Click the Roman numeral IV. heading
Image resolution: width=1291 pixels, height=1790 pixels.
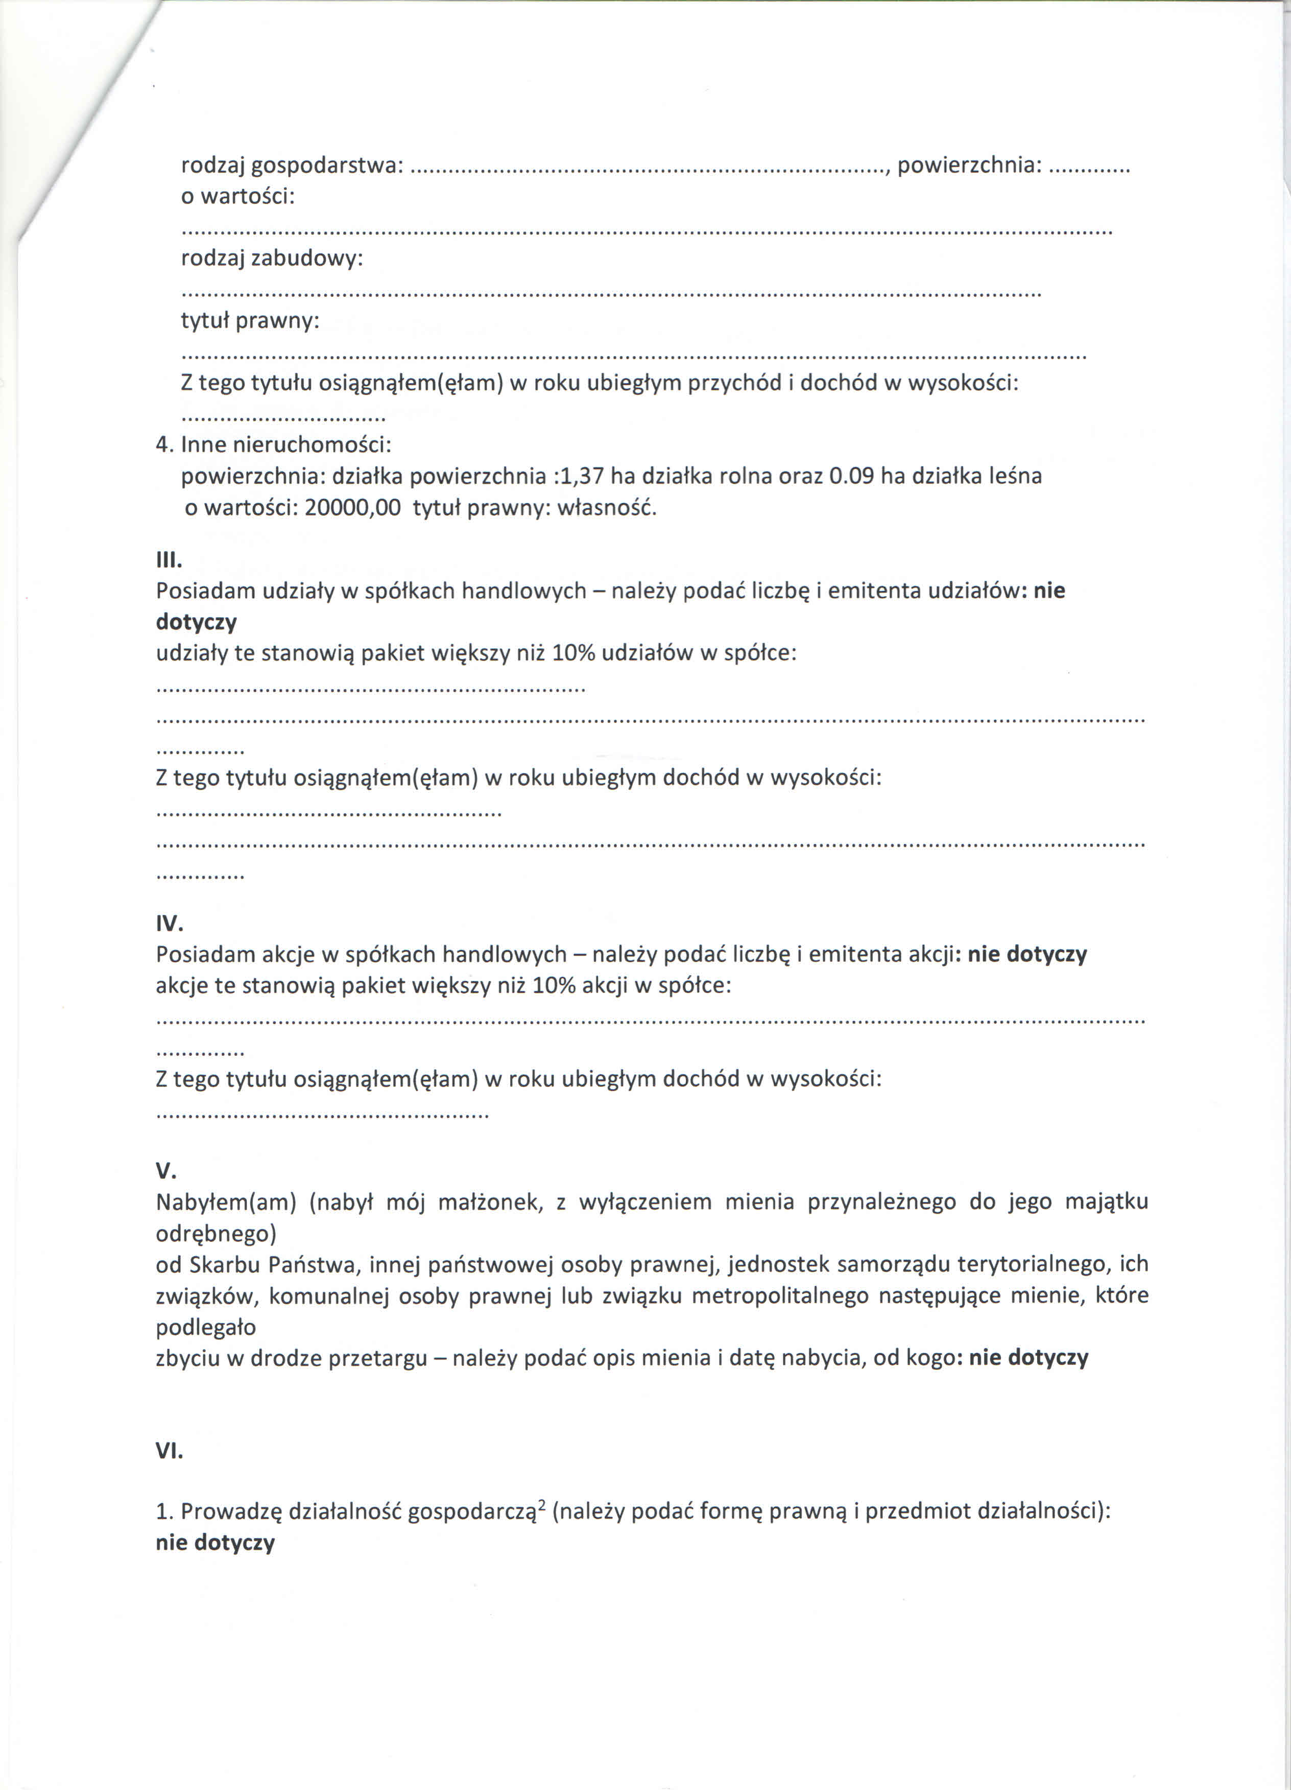click(x=170, y=924)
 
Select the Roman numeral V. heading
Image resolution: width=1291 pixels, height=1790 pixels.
click(x=165, y=1170)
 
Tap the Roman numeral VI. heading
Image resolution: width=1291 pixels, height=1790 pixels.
click(x=170, y=1451)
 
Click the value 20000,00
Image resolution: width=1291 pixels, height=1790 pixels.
click(x=352, y=507)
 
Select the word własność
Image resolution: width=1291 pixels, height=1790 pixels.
click(x=607, y=507)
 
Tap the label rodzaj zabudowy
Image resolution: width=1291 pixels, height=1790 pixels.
click(x=272, y=259)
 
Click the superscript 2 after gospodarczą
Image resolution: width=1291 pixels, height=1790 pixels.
click(x=542, y=1505)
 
